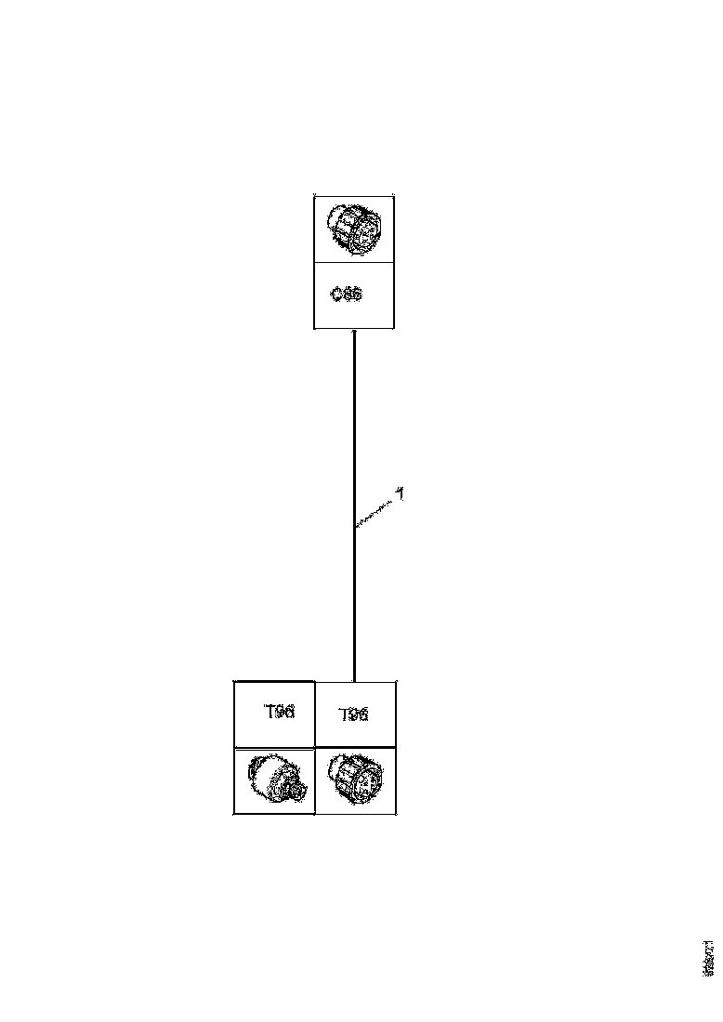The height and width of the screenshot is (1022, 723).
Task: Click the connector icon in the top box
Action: pyautogui.click(x=354, y=229)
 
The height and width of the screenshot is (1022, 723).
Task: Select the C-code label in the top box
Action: pyautogui.click(x=347, y=295)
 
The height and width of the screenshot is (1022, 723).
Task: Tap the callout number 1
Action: pyautogui.click(x=400, y=495)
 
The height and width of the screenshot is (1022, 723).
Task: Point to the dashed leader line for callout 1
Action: pyautogui.click(x=375, y=513)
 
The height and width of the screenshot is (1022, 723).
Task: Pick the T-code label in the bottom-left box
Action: pyautogui.click(x=279, y=713)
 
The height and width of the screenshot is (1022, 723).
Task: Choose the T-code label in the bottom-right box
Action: pyautogui.click(x=353, y=714)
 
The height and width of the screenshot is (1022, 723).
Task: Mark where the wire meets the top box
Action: pyautogui.click(x=354, y=329)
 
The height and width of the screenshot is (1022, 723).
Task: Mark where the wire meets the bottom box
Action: pyautogui.click(x=354, y=681)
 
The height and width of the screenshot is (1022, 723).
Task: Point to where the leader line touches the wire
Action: pyautogui.click(x=355, y=527)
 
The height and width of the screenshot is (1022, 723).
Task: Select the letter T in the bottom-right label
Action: pyautogui.click(x=343, y=714)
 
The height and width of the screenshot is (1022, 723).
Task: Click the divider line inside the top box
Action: pyautogui.click(x=354, y=262)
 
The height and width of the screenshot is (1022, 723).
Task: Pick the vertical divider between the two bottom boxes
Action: pyautogui.click(x=315, y=748)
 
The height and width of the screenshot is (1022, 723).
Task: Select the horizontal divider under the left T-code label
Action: pyautogui.click(x=274, y=748)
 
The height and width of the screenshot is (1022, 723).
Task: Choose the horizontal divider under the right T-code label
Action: pyautogui.click(x=356, y=748)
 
